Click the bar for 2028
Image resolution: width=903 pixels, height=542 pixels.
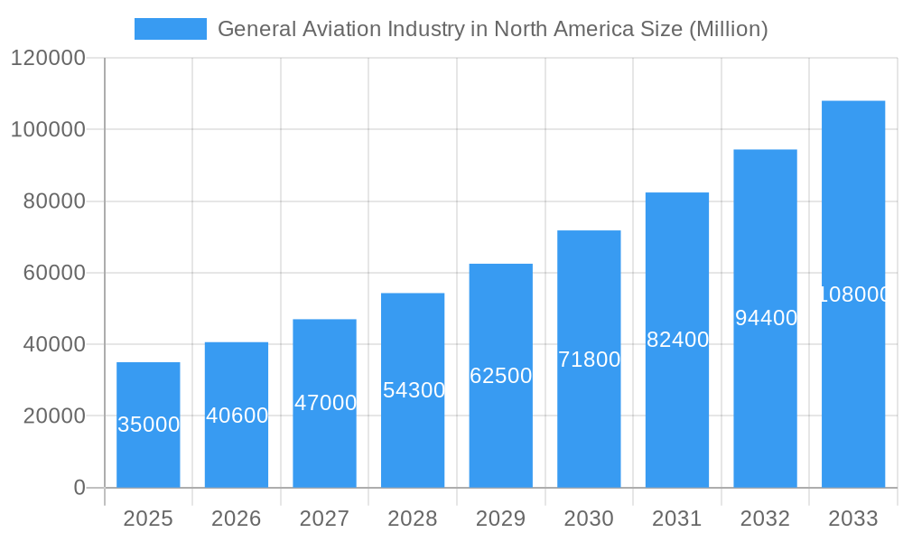point(413,434)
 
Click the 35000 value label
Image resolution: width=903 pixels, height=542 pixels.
point(149,425)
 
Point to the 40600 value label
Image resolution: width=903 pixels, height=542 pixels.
point(237,416)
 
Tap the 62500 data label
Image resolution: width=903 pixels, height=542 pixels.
point(501,376)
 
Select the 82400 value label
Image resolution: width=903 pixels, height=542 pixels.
point(677,341)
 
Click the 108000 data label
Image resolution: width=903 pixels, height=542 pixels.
point(854,294)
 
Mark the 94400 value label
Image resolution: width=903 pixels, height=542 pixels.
point(766,318)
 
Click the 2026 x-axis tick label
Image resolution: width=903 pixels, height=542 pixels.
point(237,519)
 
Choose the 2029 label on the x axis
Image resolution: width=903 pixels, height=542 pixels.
point(500,519)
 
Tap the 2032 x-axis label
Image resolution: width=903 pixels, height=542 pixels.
point(765,519)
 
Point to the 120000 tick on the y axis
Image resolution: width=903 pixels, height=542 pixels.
point(48,59)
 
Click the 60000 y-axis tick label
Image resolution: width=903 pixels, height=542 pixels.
point(53,273)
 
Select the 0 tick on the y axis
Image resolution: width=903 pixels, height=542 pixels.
point(79,488)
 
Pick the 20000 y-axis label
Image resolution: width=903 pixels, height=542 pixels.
point(53,416)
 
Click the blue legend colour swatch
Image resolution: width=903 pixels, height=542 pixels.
point(170,29)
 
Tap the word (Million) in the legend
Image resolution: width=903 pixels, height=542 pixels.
point(728,29)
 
